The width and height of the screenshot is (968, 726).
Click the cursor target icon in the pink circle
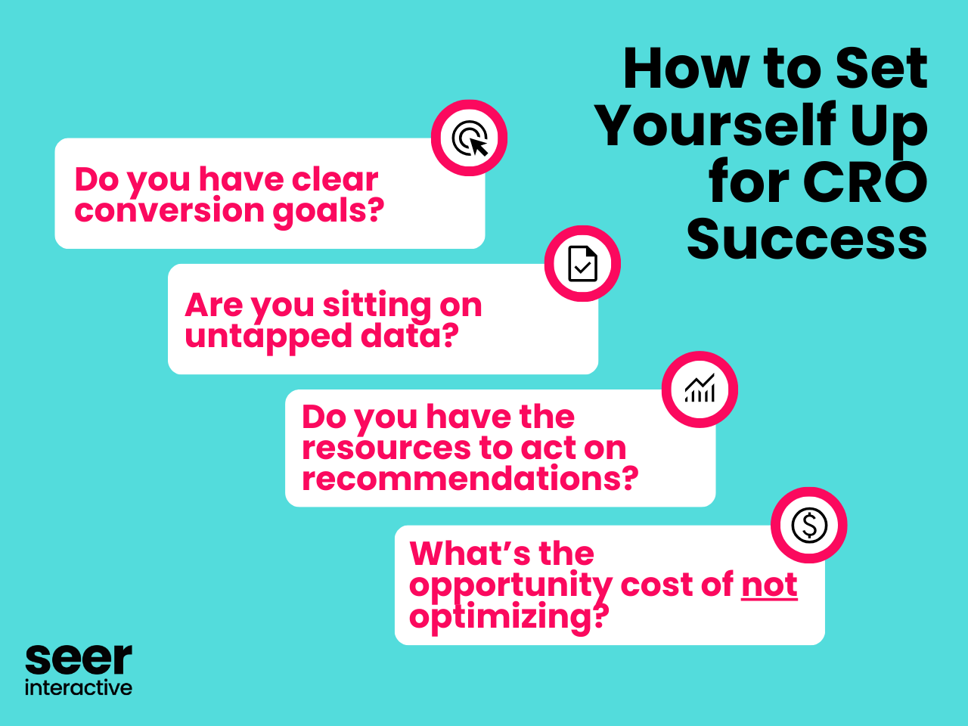pos(470,138)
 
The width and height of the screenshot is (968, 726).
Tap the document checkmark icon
pos(582,264)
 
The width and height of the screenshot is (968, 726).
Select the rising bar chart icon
pos(700,389)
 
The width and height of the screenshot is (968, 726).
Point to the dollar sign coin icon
pos(809,525)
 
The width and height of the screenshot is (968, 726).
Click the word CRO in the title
pos(864,182)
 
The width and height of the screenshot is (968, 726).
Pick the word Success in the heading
pos(807,239)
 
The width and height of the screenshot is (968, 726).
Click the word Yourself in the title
pos(714,126)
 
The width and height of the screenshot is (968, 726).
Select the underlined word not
pos(769,585)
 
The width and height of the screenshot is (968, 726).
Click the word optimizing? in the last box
pos(508,616)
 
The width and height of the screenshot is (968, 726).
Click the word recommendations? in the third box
pos(470,479)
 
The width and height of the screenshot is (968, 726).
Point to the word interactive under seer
pos(79,687)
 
